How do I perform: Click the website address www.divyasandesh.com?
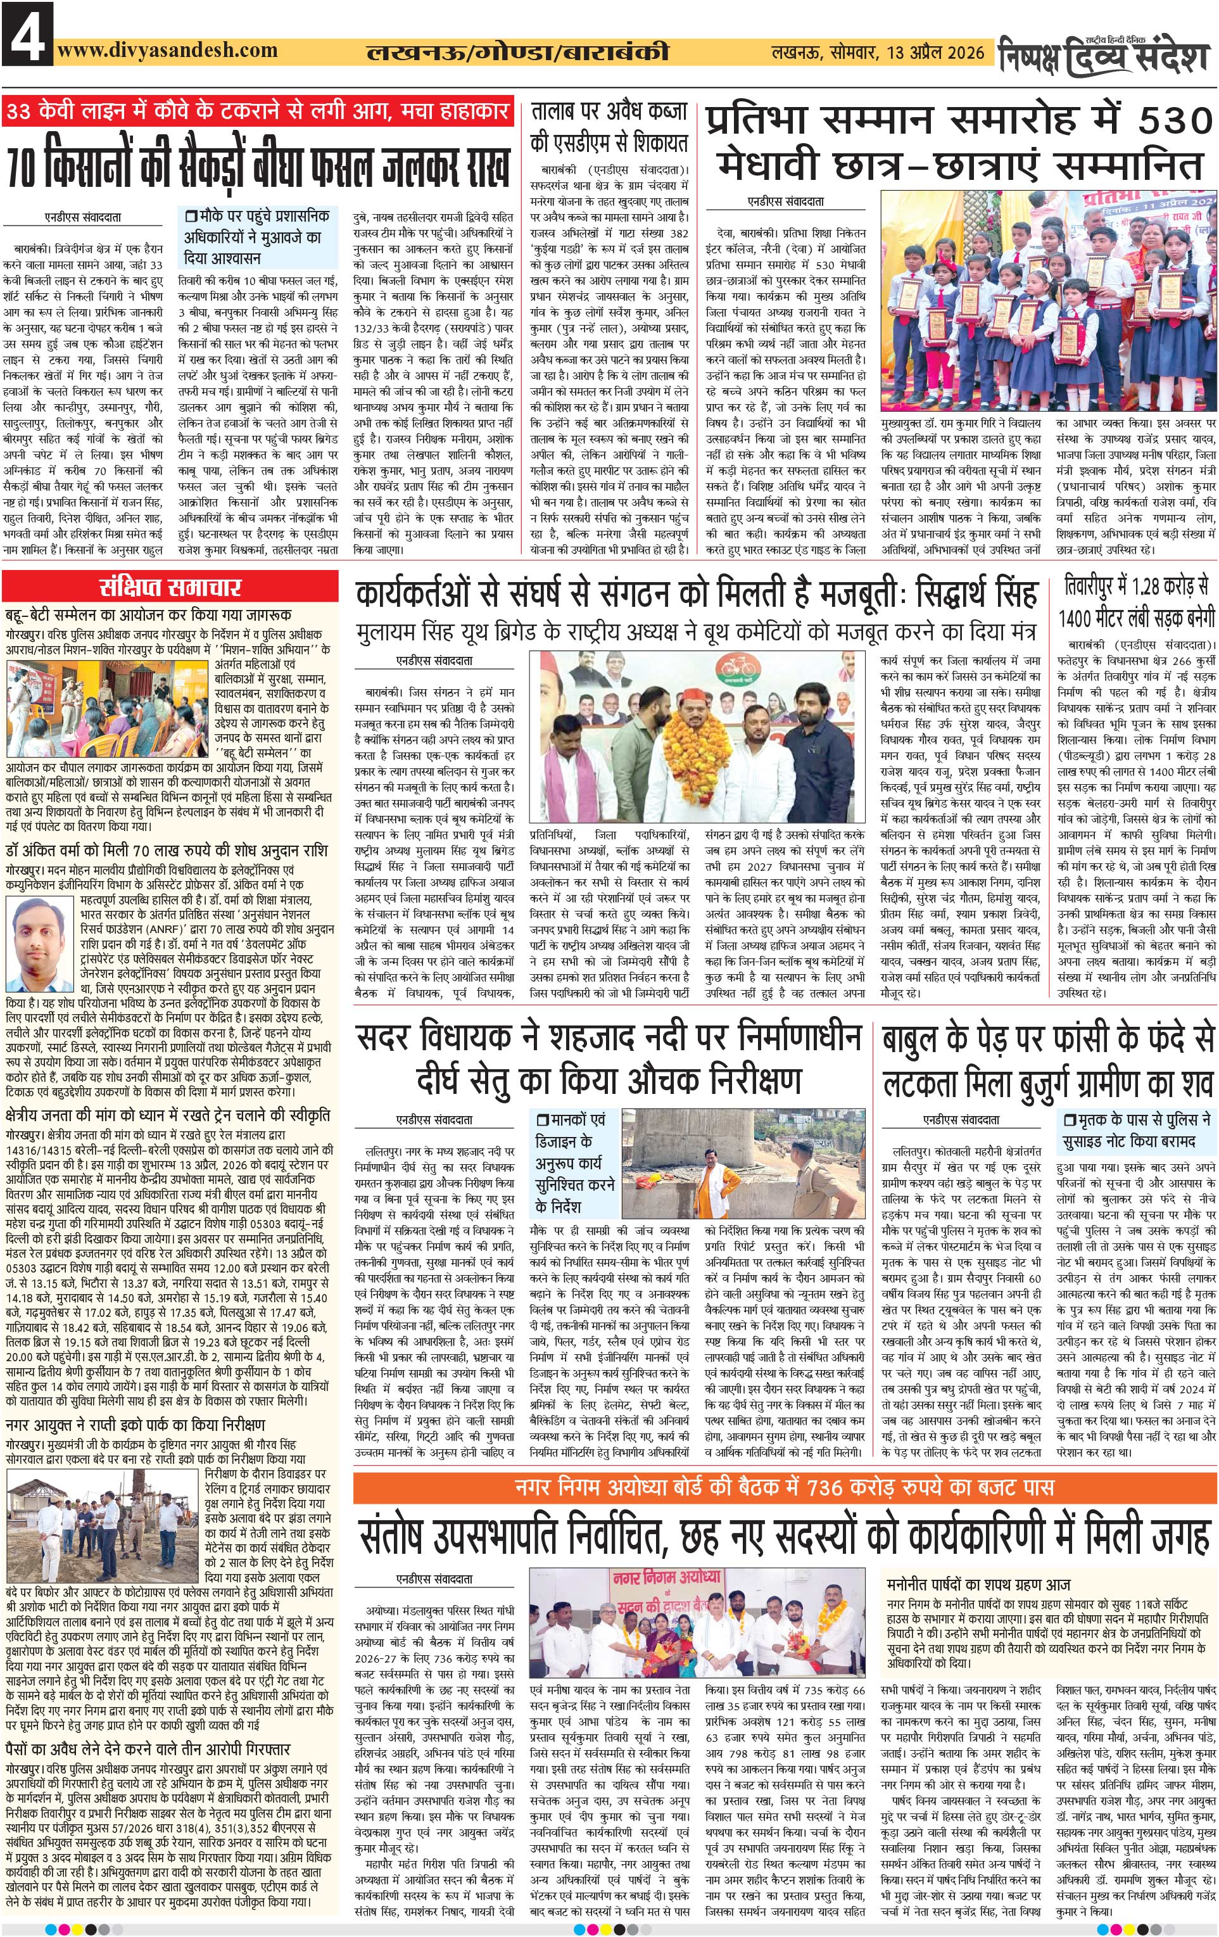pos(167,50)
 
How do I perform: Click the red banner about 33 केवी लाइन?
pos(257,110)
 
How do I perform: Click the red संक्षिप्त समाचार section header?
pos(170,587)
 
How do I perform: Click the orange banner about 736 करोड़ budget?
pos(784,1487)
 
